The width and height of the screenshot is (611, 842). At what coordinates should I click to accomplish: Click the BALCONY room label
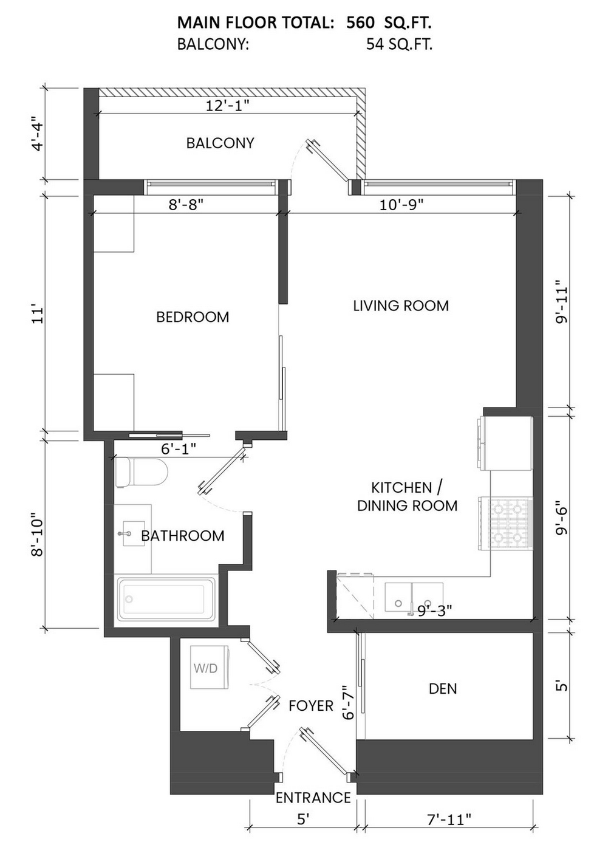[220, 143]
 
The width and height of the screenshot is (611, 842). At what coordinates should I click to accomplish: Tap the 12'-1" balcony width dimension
[228, 106]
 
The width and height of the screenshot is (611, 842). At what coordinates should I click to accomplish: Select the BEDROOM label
[193, 317]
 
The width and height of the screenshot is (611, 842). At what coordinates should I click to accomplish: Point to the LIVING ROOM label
[401, 306]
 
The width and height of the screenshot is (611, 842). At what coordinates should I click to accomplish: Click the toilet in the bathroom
[142, 472]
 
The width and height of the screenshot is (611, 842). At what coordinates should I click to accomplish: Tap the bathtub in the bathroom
[166, 600]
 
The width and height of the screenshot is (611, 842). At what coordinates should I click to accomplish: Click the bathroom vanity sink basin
[134, 533]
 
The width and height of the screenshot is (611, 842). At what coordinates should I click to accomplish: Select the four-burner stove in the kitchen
[505, 524]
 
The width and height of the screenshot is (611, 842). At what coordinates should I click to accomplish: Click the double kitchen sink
[414, 597]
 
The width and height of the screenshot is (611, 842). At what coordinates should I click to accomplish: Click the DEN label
[443, 689]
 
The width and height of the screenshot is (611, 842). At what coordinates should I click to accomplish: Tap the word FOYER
[311, 706]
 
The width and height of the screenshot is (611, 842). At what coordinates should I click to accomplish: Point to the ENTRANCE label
[313, 798]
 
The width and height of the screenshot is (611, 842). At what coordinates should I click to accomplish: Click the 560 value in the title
[360, 23]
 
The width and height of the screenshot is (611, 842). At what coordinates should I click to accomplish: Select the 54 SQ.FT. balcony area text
[400, 45]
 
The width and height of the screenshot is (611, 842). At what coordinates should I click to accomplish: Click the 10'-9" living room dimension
[401, 205]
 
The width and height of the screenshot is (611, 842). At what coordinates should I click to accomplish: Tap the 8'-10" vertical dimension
[38, 534]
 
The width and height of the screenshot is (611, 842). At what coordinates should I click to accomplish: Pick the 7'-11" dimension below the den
[449, 819]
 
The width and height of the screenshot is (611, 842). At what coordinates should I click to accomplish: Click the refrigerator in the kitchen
[505, 443]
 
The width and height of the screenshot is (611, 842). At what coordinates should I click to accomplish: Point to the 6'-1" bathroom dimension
[179, 448]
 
